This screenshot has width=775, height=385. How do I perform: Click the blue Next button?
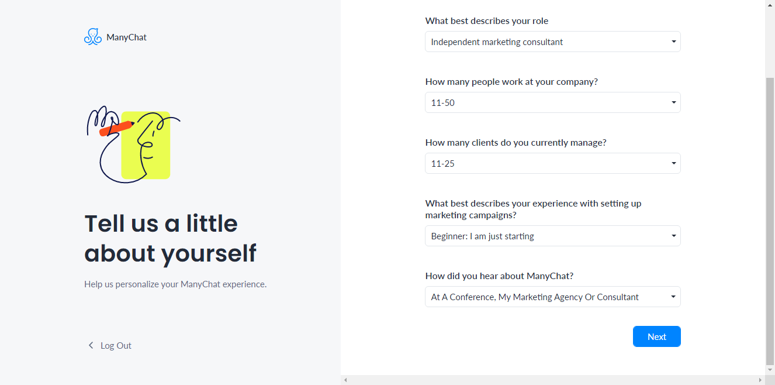[x=657, y=336]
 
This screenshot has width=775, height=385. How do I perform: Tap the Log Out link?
[x=116, y=346]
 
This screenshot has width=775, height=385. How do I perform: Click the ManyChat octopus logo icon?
[x=93, y=37]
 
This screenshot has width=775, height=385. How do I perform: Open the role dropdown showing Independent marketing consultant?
[x=552, y=42]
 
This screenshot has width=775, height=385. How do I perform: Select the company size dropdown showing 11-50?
[x=552, y=102]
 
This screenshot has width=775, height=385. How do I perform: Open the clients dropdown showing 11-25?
[x=552, y=163]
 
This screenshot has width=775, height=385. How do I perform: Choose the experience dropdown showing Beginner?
[x=552, y=236]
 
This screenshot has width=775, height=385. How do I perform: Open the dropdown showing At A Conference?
[x=552, y=297]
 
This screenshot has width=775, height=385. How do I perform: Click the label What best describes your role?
[x=486, y=21]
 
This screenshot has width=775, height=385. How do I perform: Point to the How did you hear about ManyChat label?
[x=499, y=276]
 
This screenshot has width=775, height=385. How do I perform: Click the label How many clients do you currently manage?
[x=515, y=143]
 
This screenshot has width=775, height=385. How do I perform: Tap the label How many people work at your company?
[x=511, y=82]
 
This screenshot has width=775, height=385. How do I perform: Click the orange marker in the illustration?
[x=116, y=128]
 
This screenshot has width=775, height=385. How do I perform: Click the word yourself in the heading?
[x=209, y=253]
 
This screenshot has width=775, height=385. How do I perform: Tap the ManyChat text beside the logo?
[x=126, y=37]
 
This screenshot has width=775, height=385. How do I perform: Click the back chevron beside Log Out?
[x=91, y=345]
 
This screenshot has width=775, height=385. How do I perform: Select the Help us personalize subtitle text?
[x=175, y=284]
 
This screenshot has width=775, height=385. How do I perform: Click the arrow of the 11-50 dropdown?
[x=674, y=102]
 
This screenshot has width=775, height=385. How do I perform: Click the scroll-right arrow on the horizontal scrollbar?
[x=760, y=380]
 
